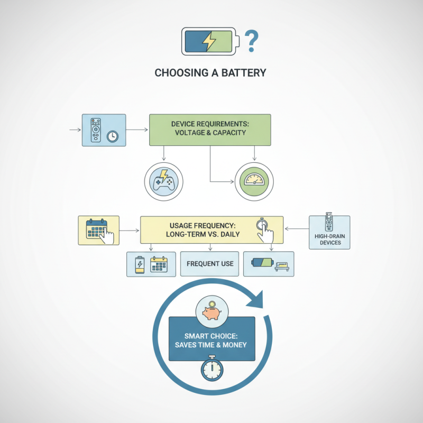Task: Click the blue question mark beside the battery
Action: click(x=252, y=40)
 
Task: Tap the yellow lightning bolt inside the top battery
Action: click(x=210, y=41)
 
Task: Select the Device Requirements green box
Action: click(x=210, y=128)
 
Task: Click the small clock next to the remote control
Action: click(x=112, y=136)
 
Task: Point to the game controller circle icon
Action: click(x=163, y=181)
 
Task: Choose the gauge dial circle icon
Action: click(x=255, y=181)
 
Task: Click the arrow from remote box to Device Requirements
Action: click(x=137, y=129)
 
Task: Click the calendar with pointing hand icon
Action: click(x=99, y=230)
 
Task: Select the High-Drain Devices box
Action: click(x=329, y=232)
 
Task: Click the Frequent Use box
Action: click(x=209, y=263)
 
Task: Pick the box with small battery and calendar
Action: click(x=151, y=263)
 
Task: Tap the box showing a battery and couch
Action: click(x=268, y=263)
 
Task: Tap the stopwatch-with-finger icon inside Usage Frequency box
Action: click(x=263, y=226)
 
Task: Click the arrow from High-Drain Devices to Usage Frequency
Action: click(x=297, y=229)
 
